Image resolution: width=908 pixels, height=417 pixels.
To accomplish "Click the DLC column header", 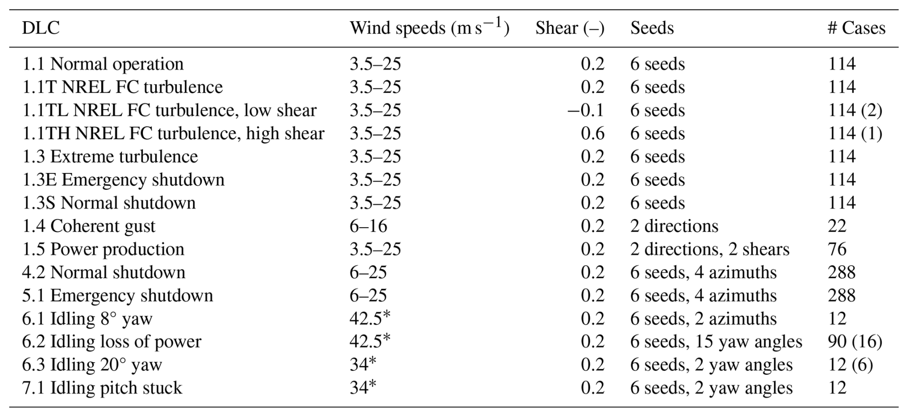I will pyautogui.click(x=41, y=28).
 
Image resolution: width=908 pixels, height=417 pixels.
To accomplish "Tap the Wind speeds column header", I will pyautogui.click(x=429, y=28).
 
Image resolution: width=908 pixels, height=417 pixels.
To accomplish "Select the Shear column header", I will pyautogui.click(x=570, y=28).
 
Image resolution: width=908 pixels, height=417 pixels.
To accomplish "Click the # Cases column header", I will pyautogui.click(x=856, y=28).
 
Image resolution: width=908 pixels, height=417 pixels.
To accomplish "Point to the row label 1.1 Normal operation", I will pyautogui.click(x=103, y=64).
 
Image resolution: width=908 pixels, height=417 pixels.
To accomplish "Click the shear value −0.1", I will pyautogui.click(x=585, y=110).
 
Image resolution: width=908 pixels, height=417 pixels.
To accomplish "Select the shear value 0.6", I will pyautogui.click(x=592, y=134).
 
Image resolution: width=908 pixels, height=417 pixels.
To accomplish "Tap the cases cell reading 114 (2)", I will pyautogui.click(x=855, y=110).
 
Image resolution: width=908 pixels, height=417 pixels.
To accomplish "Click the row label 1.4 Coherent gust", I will pyautogui.click(x=89, y=226).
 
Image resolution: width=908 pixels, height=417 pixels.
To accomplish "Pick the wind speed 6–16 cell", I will pyautogui.click(x=368, y=226).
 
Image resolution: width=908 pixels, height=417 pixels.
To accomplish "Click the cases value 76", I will pyautogui.click(x=837, y=249).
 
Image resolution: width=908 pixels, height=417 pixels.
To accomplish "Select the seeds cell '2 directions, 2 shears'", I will pyautogui.click(x=709, y=249).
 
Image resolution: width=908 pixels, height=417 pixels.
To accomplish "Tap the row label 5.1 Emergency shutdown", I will pyautogui.click(x=118, y=295).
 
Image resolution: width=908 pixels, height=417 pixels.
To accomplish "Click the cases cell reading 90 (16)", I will pyautogui.click(x=855, y=342).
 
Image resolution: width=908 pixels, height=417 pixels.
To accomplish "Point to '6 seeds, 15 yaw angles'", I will pyautogui.click(x=716, y=342).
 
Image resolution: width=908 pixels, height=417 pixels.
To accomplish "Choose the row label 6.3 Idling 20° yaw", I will pyautogui.click(x=92, y=365).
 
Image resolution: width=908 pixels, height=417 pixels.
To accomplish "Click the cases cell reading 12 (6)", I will pyautogui.click(x=850, y=365).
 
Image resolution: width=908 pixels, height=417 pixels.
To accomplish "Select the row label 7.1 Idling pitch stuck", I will pyautogui.click(x=102, y=388).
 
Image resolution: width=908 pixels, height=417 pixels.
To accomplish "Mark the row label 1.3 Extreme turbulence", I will pyautogui.click(x=110, y=157).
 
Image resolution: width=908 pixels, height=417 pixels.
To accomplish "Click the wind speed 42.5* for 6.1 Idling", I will pyautogui.click(x=370, y=319).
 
